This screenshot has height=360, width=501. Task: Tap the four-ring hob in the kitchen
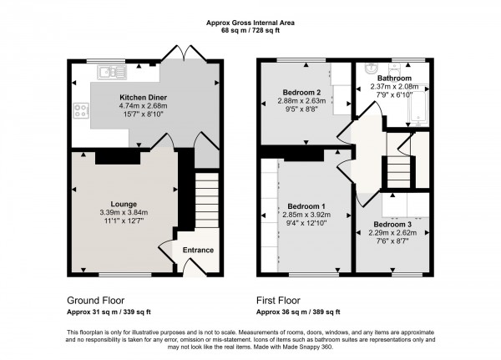coord(83,109)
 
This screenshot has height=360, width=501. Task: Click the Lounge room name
coord(124,203)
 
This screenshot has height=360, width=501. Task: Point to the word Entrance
coord(198,250)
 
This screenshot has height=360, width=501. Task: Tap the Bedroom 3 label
coord(392,225)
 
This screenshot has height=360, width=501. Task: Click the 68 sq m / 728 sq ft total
coord(250,31)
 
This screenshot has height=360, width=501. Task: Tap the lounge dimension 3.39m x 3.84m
coord(124,212)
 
